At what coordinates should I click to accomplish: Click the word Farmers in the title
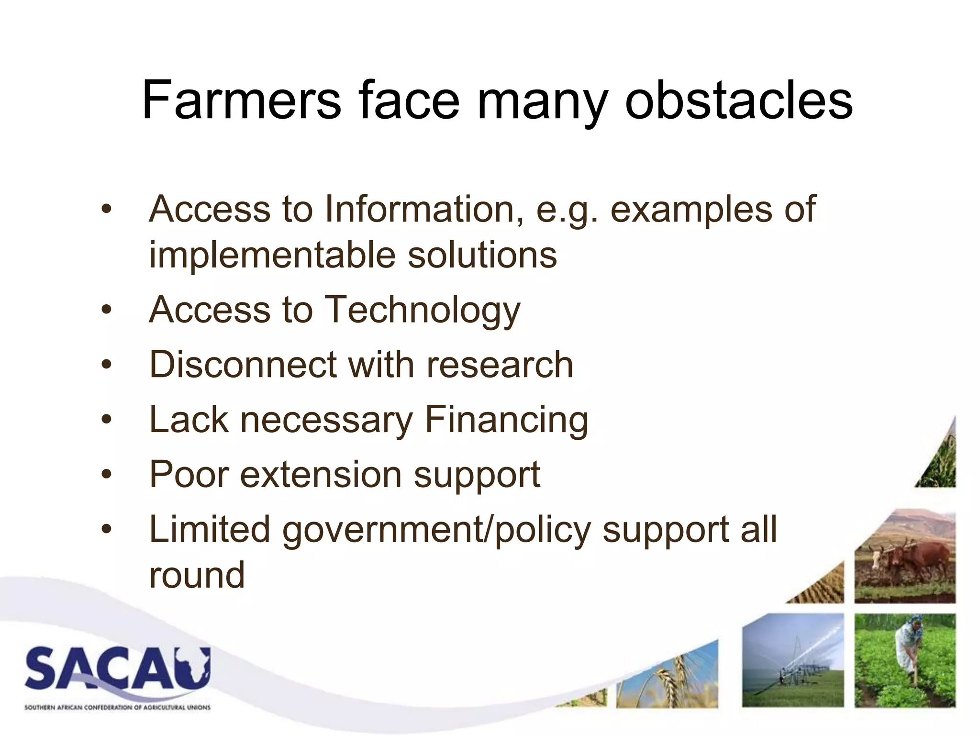tap(241, 101)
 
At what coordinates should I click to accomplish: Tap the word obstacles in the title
tap(739, 101)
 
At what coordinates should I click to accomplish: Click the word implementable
tap(272, 255)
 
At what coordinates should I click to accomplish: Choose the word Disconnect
tap(243, 365)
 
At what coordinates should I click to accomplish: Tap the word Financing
tap(506, 420)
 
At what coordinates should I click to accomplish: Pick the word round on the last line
tap(197, 575)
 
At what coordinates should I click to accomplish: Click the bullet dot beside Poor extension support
tap(106, 475)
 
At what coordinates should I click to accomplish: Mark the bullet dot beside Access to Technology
tap(106, 310)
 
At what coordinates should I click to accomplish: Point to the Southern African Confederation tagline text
tap(117, 707)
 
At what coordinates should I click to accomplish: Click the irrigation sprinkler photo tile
tap(792, 660)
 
